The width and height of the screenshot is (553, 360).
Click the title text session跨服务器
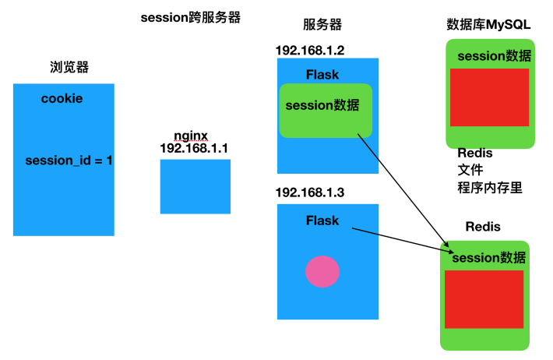[x=191, y=17]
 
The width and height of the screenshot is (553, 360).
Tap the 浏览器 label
[x=69, y=67]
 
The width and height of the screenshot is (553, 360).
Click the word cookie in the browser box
[x=62, y=99]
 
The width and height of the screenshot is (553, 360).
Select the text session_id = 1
[x=69, y=161]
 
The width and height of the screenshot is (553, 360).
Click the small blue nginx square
[x=195, y=186]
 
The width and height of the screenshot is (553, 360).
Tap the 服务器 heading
[x=322, y=26]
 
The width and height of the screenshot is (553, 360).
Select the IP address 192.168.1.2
[x=310, y=50]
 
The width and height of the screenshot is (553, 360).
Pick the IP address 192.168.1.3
[x=310, y=192]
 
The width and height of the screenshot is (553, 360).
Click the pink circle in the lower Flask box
[x=322, y=271]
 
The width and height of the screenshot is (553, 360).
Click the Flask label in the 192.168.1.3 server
[x=322, y=221]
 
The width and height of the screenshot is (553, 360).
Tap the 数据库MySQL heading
[x=489, y=24]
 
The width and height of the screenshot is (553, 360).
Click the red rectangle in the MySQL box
[x=489, y=97]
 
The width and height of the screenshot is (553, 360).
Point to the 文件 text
[x=470, y=170]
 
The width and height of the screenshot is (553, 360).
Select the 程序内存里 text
[x=489, y=187]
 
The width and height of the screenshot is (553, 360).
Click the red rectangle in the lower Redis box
[x=484, y=299]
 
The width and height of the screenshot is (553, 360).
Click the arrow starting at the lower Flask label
[x=397, y=239]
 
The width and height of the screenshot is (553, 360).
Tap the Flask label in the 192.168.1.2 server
[x=322, y=75]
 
